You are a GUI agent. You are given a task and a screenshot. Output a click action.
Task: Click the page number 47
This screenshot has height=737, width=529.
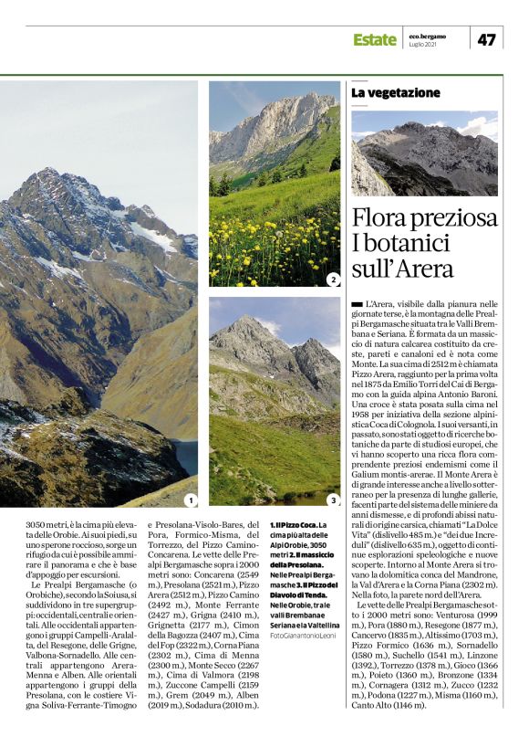[486, 38]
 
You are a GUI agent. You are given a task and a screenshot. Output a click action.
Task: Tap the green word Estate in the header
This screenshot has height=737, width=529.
[374, 39]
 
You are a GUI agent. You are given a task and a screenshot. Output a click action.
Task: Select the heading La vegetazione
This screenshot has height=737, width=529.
[396, 93]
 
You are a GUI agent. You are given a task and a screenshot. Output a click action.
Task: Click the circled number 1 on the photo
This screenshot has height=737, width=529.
[190, 500]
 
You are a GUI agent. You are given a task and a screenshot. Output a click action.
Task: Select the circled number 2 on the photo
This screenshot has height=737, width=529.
[333, 279]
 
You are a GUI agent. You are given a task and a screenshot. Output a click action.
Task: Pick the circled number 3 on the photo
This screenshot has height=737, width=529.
[333, 500]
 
